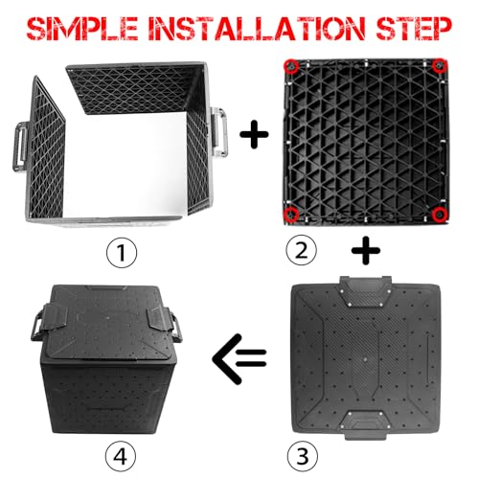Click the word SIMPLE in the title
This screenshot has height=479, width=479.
(82, 29)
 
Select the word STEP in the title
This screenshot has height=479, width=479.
(414, 29)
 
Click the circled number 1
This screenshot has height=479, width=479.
(122, 253)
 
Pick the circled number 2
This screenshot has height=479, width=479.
(302, 250)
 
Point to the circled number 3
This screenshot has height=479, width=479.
(303, 455)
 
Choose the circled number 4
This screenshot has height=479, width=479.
(121, 457)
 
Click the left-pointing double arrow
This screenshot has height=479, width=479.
(239, 359)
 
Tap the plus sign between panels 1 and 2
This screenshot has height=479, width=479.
(254, 134)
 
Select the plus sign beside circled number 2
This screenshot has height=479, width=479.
(366, 250)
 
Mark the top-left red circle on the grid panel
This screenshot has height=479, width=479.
(291, 67)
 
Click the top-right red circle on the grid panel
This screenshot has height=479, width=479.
(440, 66)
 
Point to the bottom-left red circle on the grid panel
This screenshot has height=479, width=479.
(291, 214)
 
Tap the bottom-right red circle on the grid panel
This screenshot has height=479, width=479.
(440, 215)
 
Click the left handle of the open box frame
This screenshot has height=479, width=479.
(18, 147)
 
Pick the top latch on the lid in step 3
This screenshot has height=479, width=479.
(366, 290)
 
